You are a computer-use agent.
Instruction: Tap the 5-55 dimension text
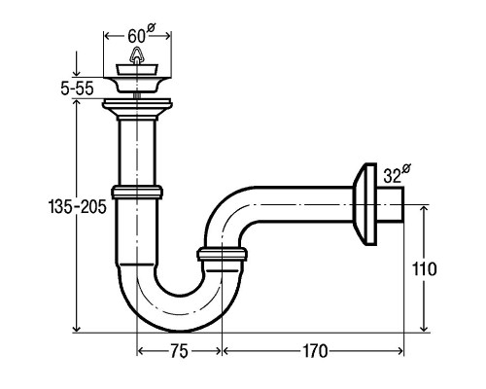tap(77, 88)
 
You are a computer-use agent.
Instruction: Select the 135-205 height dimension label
tap(78, 206)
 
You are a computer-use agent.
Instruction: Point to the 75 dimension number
tap(179, 351)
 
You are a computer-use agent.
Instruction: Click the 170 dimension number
tap(315, 351)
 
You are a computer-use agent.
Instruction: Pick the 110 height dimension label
tap(424, 269)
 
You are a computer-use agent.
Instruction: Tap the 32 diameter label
tap(397, 173)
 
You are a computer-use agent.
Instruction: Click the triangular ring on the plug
tap(137, 55)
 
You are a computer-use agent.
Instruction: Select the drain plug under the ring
tap(137, 70)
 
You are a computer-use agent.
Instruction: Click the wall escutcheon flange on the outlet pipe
tap(364, 204)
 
